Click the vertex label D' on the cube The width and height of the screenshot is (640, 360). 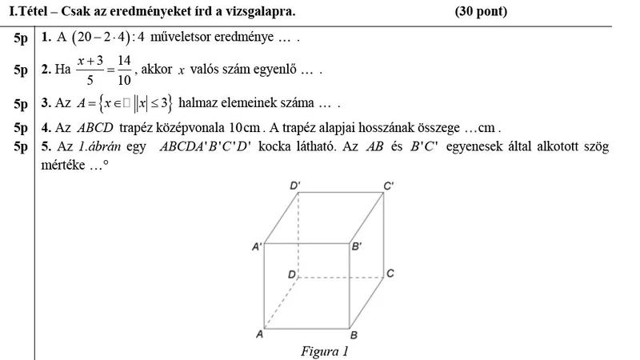click(296, 185)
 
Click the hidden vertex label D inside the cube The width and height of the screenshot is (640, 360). click(292, 274)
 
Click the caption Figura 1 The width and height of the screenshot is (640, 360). click(325, 351)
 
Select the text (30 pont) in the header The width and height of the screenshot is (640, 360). click(480, 11)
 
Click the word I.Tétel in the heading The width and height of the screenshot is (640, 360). click(26, 11)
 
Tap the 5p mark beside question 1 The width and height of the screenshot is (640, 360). click(22, 38)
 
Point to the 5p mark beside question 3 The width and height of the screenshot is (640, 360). click(22, 103)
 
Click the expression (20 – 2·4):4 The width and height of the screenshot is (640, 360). click(104, 38)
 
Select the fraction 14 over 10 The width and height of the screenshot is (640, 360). click(123, 70)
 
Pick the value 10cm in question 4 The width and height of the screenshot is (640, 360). click(246, 128)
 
